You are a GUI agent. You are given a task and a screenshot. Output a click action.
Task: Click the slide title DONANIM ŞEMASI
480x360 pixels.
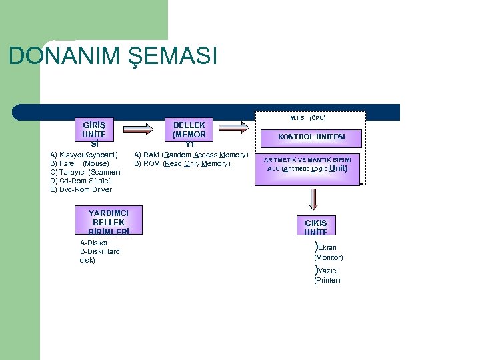[x=113, y=56]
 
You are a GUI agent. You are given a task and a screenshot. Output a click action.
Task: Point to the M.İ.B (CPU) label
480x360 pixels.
[x=307, y=117]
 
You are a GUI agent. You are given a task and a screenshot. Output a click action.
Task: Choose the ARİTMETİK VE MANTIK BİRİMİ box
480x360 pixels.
[x=307, y=164]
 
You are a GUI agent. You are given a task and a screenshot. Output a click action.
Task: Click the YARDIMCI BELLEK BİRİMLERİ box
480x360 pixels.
[x=108, y=222]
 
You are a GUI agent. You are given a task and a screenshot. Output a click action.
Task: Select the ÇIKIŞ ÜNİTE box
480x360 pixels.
[x=316, y=227]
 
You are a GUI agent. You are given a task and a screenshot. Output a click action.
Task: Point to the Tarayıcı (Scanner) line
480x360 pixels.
[x=85, y=172]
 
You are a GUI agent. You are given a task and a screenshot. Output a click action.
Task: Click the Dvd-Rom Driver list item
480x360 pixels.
[x=81, y=189]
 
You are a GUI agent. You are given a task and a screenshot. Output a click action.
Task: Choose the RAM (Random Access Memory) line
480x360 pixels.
[x=191, y=155]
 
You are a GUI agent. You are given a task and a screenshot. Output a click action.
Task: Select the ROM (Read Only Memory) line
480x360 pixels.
[x=182, y=163]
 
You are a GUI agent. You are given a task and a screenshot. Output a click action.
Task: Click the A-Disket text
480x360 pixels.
[x=93, y=243]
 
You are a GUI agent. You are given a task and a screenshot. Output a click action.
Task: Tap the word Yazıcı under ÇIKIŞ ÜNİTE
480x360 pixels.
[x=327, y=271]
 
